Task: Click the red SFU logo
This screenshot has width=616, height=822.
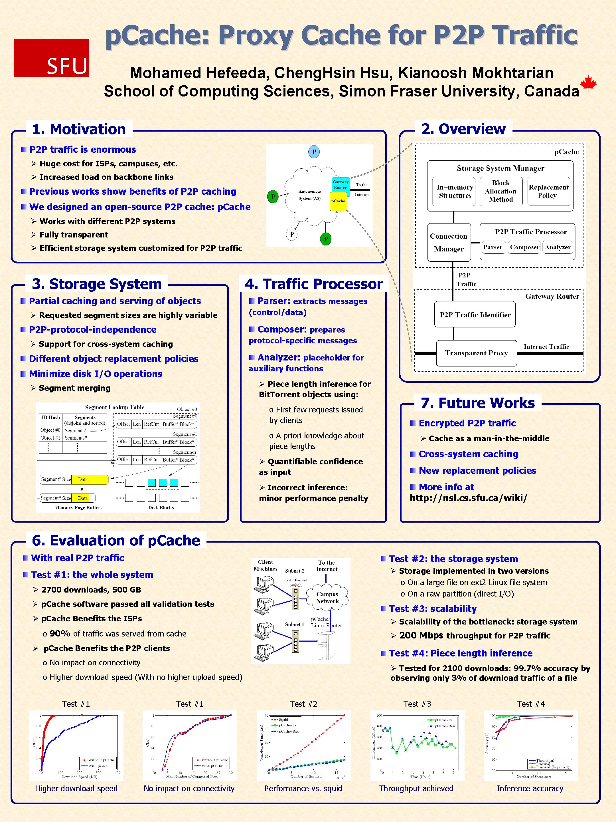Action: [51, 58]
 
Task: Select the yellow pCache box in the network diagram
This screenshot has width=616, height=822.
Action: [338, 201]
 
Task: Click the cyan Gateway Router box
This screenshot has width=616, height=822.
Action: [341, 184]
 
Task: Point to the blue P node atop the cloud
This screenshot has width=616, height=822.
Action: [314, 152]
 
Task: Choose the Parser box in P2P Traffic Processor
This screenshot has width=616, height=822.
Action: [493, 247]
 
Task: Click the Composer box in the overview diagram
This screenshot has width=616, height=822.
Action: [524, 247]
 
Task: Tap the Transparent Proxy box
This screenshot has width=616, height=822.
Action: [476, 353]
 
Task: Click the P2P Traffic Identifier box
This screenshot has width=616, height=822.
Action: [475, 315]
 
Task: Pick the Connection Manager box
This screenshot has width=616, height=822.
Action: [449, 242]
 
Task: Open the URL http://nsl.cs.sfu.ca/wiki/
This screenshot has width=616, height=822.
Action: [468, 498]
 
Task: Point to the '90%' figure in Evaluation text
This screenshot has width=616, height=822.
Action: [60, 634]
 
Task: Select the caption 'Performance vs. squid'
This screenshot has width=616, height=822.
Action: [303, 788]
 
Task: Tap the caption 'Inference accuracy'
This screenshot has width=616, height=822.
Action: [530, 788]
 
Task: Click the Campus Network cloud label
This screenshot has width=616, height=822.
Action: [327, 598]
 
